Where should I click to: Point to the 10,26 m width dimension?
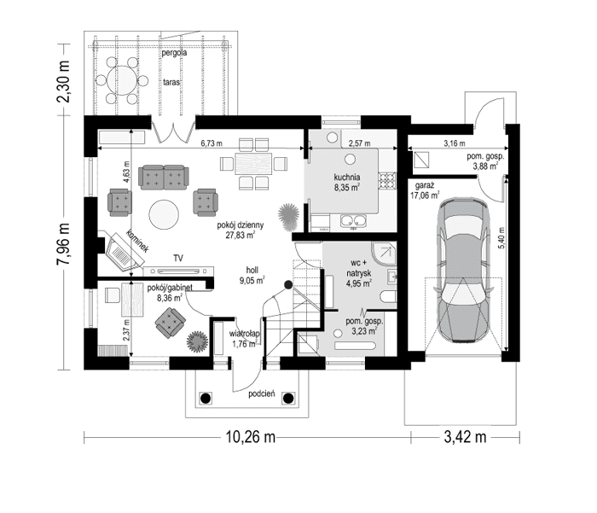[x=249, y=439]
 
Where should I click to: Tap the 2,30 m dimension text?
[x=63, y=79]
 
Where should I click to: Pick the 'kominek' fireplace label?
[x=137, y=242]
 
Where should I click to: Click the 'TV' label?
[x=178, y=257]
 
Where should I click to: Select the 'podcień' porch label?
[x=261, y=394]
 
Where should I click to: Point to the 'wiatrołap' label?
[x=246, y=334]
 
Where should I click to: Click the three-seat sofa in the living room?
[x=163, y=177]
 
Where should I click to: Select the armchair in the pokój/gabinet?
[x=171, y=321]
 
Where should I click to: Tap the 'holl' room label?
[x=252, y=266]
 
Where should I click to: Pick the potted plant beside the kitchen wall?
[x=288, y=209]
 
